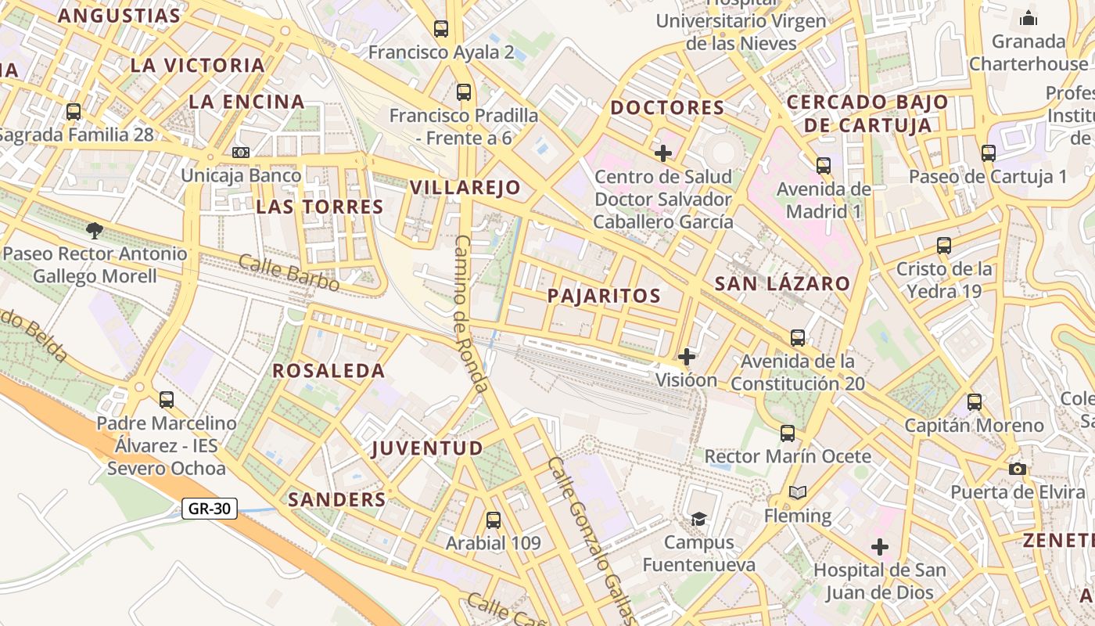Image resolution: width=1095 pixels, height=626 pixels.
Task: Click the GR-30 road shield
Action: pyautogui.click(x=210, y=509)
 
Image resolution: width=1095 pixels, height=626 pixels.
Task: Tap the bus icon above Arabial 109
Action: pyautogui.click(x=493, y=520)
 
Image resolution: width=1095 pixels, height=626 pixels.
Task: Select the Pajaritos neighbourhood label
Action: pyautogui.click(x=604, y=296)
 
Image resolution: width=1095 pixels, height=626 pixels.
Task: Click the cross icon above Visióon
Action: pyautogui.click(x=686, y=357)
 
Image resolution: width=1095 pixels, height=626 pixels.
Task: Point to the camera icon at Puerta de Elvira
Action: pyautogui.click(x=1017, y=469)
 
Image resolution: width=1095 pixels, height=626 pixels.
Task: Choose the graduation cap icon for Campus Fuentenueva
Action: pyautogui.click(x=698, y=519)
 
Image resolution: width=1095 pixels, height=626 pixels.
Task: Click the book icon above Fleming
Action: pyautogui.click(x=797, y=492)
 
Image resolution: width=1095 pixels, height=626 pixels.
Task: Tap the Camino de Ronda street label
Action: pyautogui.click(x=472, y=313)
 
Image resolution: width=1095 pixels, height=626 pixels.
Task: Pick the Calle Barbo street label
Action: pyautogui.click(x=289, y=272)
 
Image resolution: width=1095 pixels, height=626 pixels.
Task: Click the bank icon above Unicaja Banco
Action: pyautogui.click(x=241, y=152)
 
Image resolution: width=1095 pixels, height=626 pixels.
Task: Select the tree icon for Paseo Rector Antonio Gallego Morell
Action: pyautogui.click(x=95, y=230)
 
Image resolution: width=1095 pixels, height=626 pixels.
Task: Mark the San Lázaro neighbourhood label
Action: pyautogui.click(x=782, y=284)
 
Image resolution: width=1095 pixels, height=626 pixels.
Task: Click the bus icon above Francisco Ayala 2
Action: pyautogui.click(x=441, y=29)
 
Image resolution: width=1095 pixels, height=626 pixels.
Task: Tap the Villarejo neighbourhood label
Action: pyautogui.click(x=465, y=188)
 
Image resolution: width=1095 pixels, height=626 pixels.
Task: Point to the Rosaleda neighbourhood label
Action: pyautogui.click(x=328, y=371)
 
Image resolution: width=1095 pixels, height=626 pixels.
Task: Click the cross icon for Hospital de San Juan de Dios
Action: pyautogui.click(x=880, y=547)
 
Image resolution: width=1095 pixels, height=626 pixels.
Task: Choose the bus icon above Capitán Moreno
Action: pyautogui.click(x=974, y=402)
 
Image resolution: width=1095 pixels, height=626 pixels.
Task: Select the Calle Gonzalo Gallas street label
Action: pyautogui.click(x=590, y=540)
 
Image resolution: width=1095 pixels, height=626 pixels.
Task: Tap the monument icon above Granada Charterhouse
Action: pyautogui.click(x=1028, y=17)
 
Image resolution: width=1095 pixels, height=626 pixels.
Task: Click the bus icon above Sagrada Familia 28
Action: pyautogui.click(x=74, y=112)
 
